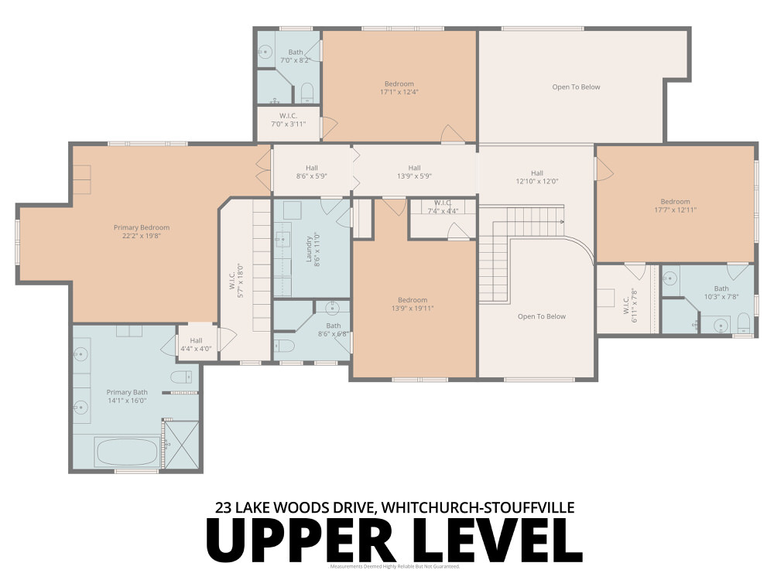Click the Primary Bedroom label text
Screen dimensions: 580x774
[141, 227]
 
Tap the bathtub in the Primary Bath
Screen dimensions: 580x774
[128, 452]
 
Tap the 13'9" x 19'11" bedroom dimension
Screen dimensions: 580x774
[413, 309]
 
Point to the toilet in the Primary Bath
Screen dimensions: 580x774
[180, 377]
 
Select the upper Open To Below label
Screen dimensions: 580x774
[576, 87]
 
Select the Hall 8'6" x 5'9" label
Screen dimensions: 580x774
[311, 172]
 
